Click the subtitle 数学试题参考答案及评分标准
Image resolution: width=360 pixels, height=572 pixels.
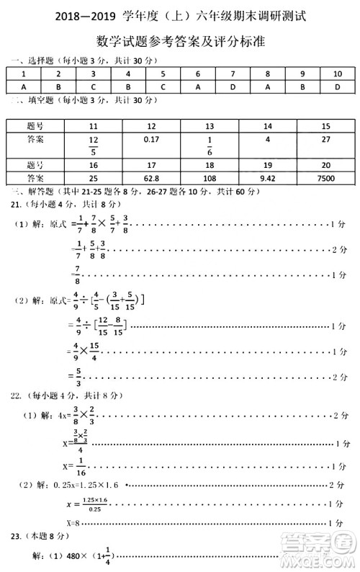(180, 42)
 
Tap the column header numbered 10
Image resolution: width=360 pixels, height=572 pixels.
(337, 74)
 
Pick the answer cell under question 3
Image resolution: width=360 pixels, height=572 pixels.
(93, 86)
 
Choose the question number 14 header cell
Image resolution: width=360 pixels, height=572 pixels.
(267, 125)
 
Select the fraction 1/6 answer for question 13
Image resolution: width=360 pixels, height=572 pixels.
(210, 144)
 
